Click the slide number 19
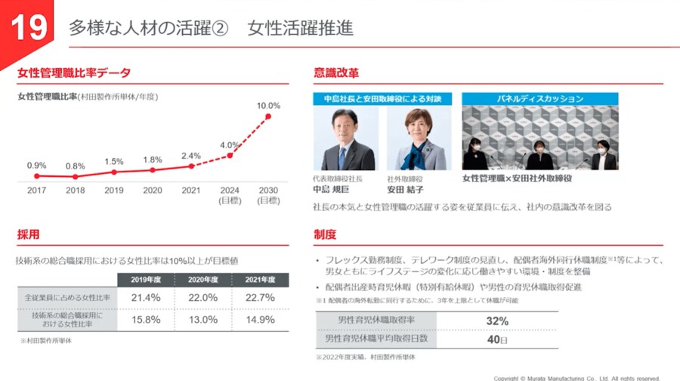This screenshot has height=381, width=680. tap(28, 28)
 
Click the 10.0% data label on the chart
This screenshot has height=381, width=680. tap(268, 106)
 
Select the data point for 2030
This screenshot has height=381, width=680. tap(268, 116)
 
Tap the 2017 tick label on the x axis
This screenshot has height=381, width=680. tap(36, 190)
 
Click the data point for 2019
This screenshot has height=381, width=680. tap(114, 172)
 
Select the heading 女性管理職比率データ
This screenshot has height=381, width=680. tap(74, 73)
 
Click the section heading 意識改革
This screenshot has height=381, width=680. tap(336, 73)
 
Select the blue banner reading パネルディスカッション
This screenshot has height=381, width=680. tap(539, 98)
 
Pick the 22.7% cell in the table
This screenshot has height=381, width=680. tap(259, 298)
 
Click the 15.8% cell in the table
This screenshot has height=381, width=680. tap(145, 319)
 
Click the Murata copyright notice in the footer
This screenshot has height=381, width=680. tap(576, 377)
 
